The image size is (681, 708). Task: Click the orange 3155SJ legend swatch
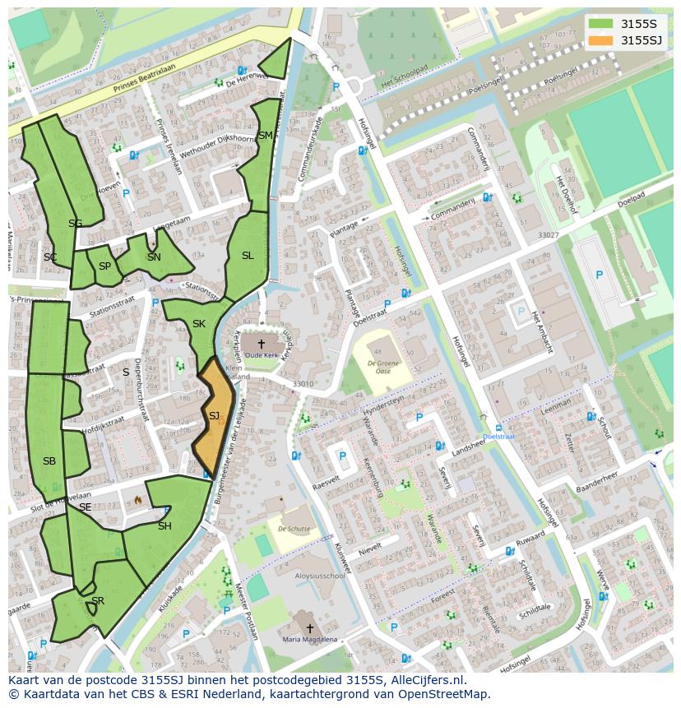pos(601,40)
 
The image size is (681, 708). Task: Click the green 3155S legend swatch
pos(601,23)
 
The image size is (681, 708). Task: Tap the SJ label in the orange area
pos(214,416)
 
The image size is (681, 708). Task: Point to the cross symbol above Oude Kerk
pos(262,343)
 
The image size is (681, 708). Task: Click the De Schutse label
pos(294,529)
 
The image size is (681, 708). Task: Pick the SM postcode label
pos(265,136)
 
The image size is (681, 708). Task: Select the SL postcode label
pos(248,256)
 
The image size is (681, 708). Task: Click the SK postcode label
pos(198,324)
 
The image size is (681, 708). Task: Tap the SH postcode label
pos(164,526)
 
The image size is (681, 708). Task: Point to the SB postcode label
pos(49,461)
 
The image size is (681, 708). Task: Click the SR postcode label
pos(98,601)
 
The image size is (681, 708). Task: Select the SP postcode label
pos(104,266)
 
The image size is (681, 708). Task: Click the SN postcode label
pos(154,257)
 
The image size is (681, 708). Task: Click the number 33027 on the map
pos(548,235)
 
